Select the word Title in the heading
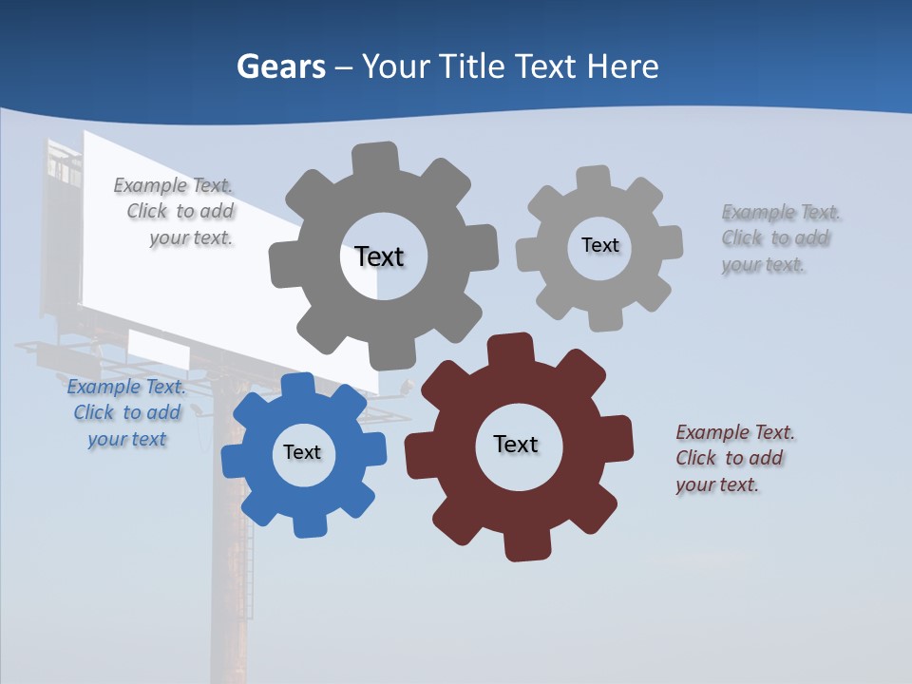(x=472, y=66)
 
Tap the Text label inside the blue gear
(x=302, y=452)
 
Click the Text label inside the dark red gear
(x=516, y=444)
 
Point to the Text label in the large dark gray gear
(x=379, y=256)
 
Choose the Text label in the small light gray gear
(x=599, y=245)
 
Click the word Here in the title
(x=622, y=66)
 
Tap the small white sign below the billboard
(x=159, y=350)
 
